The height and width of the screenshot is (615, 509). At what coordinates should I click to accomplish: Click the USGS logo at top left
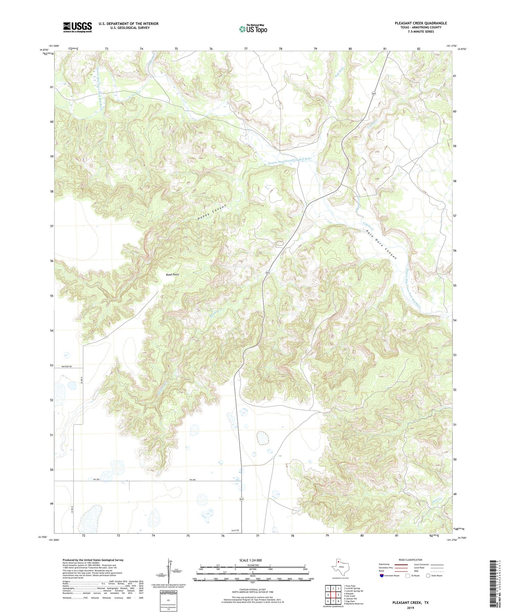pos(77,27)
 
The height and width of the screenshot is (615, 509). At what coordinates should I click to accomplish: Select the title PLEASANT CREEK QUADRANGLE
pos(421,23)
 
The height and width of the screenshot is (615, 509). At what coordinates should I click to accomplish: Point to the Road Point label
pos(172,274)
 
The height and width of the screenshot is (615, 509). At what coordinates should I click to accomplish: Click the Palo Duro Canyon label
pos(381,244)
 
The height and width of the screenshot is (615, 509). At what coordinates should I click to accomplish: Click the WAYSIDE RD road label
pos(66,367)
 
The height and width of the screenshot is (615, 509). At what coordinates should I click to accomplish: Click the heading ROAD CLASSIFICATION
pos(410,560)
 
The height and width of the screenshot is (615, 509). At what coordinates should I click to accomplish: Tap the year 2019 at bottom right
pos(410,608)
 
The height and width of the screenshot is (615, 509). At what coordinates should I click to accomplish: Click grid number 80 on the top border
pos(350,49)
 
